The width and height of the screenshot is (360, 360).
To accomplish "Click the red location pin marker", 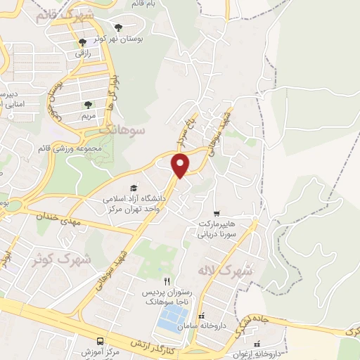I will point(181,165).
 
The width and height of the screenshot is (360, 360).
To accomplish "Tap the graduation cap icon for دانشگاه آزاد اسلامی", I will point(134,188).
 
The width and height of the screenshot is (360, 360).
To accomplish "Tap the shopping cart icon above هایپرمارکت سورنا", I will point(217,212).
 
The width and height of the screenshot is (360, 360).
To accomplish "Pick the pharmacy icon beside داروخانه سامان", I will point(202,316).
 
